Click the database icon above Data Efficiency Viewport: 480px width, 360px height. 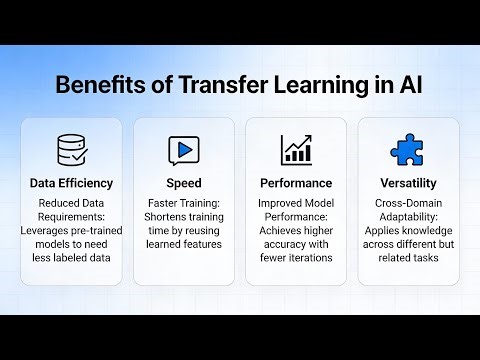point(71,150)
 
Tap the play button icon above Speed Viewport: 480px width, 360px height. point(183,150)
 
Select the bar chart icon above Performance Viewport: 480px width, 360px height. point(296,150)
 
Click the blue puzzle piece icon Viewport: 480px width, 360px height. point(407,150)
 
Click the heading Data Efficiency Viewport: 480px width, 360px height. point(71,184)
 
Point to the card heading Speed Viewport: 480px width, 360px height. point(183,184)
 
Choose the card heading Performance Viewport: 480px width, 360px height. point(296,184)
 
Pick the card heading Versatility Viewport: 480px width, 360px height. point(407,184)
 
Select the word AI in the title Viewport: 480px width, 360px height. point(410,84)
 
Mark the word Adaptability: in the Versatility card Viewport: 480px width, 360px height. point(407,219)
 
